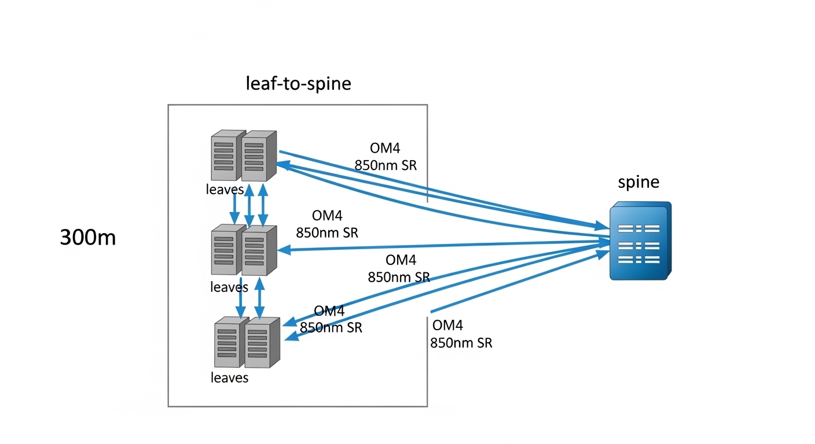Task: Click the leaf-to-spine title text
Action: [x=299, y=83]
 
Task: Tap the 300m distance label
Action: [x=88, y=238]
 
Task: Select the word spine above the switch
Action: [x=638, y=182]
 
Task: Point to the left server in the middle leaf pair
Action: [x=225, y=251]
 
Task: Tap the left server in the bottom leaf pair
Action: [x=227, y=343]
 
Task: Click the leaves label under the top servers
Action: [x=225, y=189]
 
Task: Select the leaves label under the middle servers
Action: [x=229, y=287]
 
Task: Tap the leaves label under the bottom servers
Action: [x=229, y=378]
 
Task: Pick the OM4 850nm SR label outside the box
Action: [x=461, y=334]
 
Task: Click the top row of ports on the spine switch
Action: [x=638, y=228]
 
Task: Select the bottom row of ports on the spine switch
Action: [x=638, y=260]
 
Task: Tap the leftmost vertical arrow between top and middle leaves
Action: [x=236, y=208]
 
